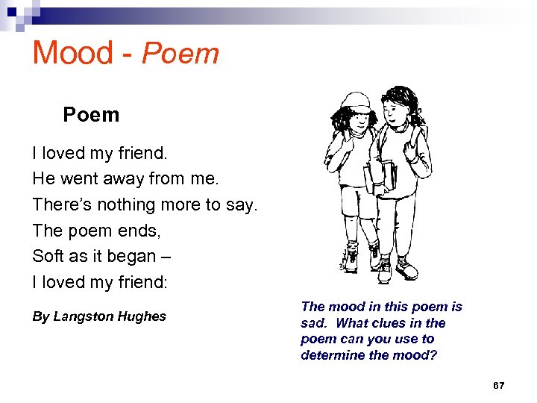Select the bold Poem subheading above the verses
(91, 115)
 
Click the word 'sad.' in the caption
(314, 323)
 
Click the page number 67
(499, 386)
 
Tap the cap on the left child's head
(357, 101)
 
